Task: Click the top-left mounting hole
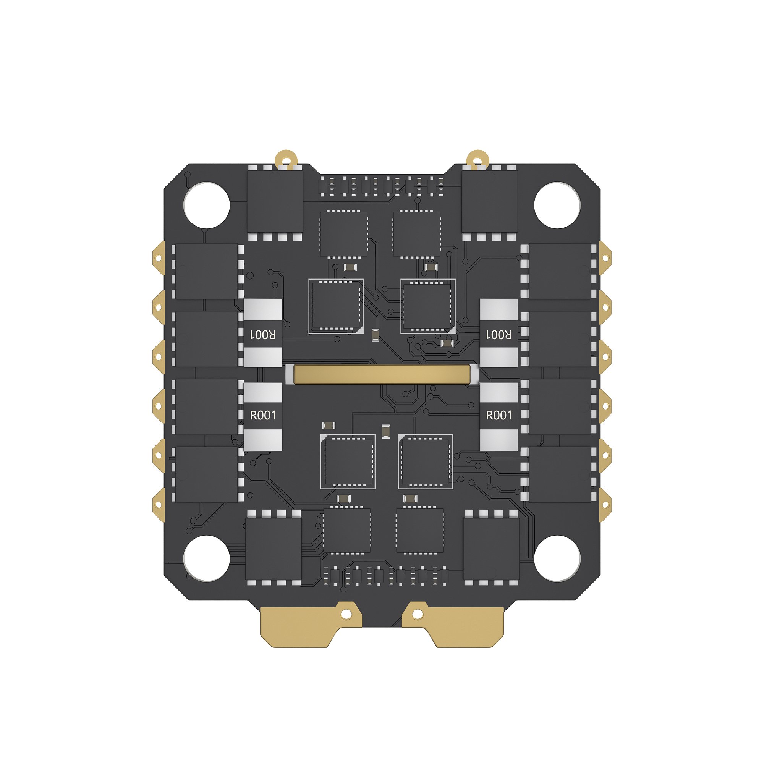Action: point(206,205)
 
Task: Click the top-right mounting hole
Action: point(557,205)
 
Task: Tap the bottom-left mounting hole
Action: point(206,558)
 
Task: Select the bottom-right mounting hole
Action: point(557,558)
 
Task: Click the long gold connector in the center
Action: point(382,374)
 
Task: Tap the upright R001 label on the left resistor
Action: point(263,415)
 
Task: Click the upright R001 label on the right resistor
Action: point(499,415)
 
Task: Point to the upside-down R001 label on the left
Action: point(263,335)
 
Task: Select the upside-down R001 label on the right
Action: point(499,335)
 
